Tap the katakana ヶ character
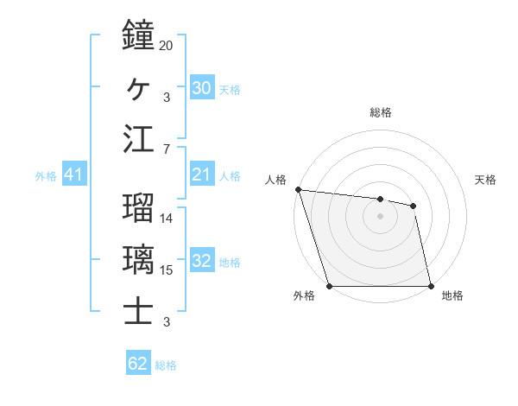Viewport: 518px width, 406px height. click(x=139, y=87)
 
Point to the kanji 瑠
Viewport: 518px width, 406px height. click(x=139, y=208)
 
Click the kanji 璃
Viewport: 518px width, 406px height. click(x=139, y=260)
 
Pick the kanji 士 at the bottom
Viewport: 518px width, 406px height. click(x=139, y=312)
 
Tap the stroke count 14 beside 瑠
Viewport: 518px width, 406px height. click(x=167, y=218)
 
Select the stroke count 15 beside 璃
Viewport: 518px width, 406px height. click(x=167, y=270)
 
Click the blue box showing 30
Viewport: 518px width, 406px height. click(x=201, y=87)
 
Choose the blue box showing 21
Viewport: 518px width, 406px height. click(x=201, y=175)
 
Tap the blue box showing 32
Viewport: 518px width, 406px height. click(x=201, y=262)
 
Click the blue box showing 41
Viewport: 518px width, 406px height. click(x=73, y=175)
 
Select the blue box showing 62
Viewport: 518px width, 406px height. click(x=137, y=364)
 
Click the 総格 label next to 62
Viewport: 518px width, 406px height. click(x=166, y=365)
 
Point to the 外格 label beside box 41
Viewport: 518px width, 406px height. click(x=46, y=176)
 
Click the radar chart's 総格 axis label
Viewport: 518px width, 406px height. click(x=381, y=112)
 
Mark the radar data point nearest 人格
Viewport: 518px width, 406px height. click(x=298, y=189)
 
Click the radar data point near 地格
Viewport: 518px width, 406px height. click(x=430, y=286)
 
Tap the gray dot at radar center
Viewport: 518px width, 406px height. click(x=381, y=216)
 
